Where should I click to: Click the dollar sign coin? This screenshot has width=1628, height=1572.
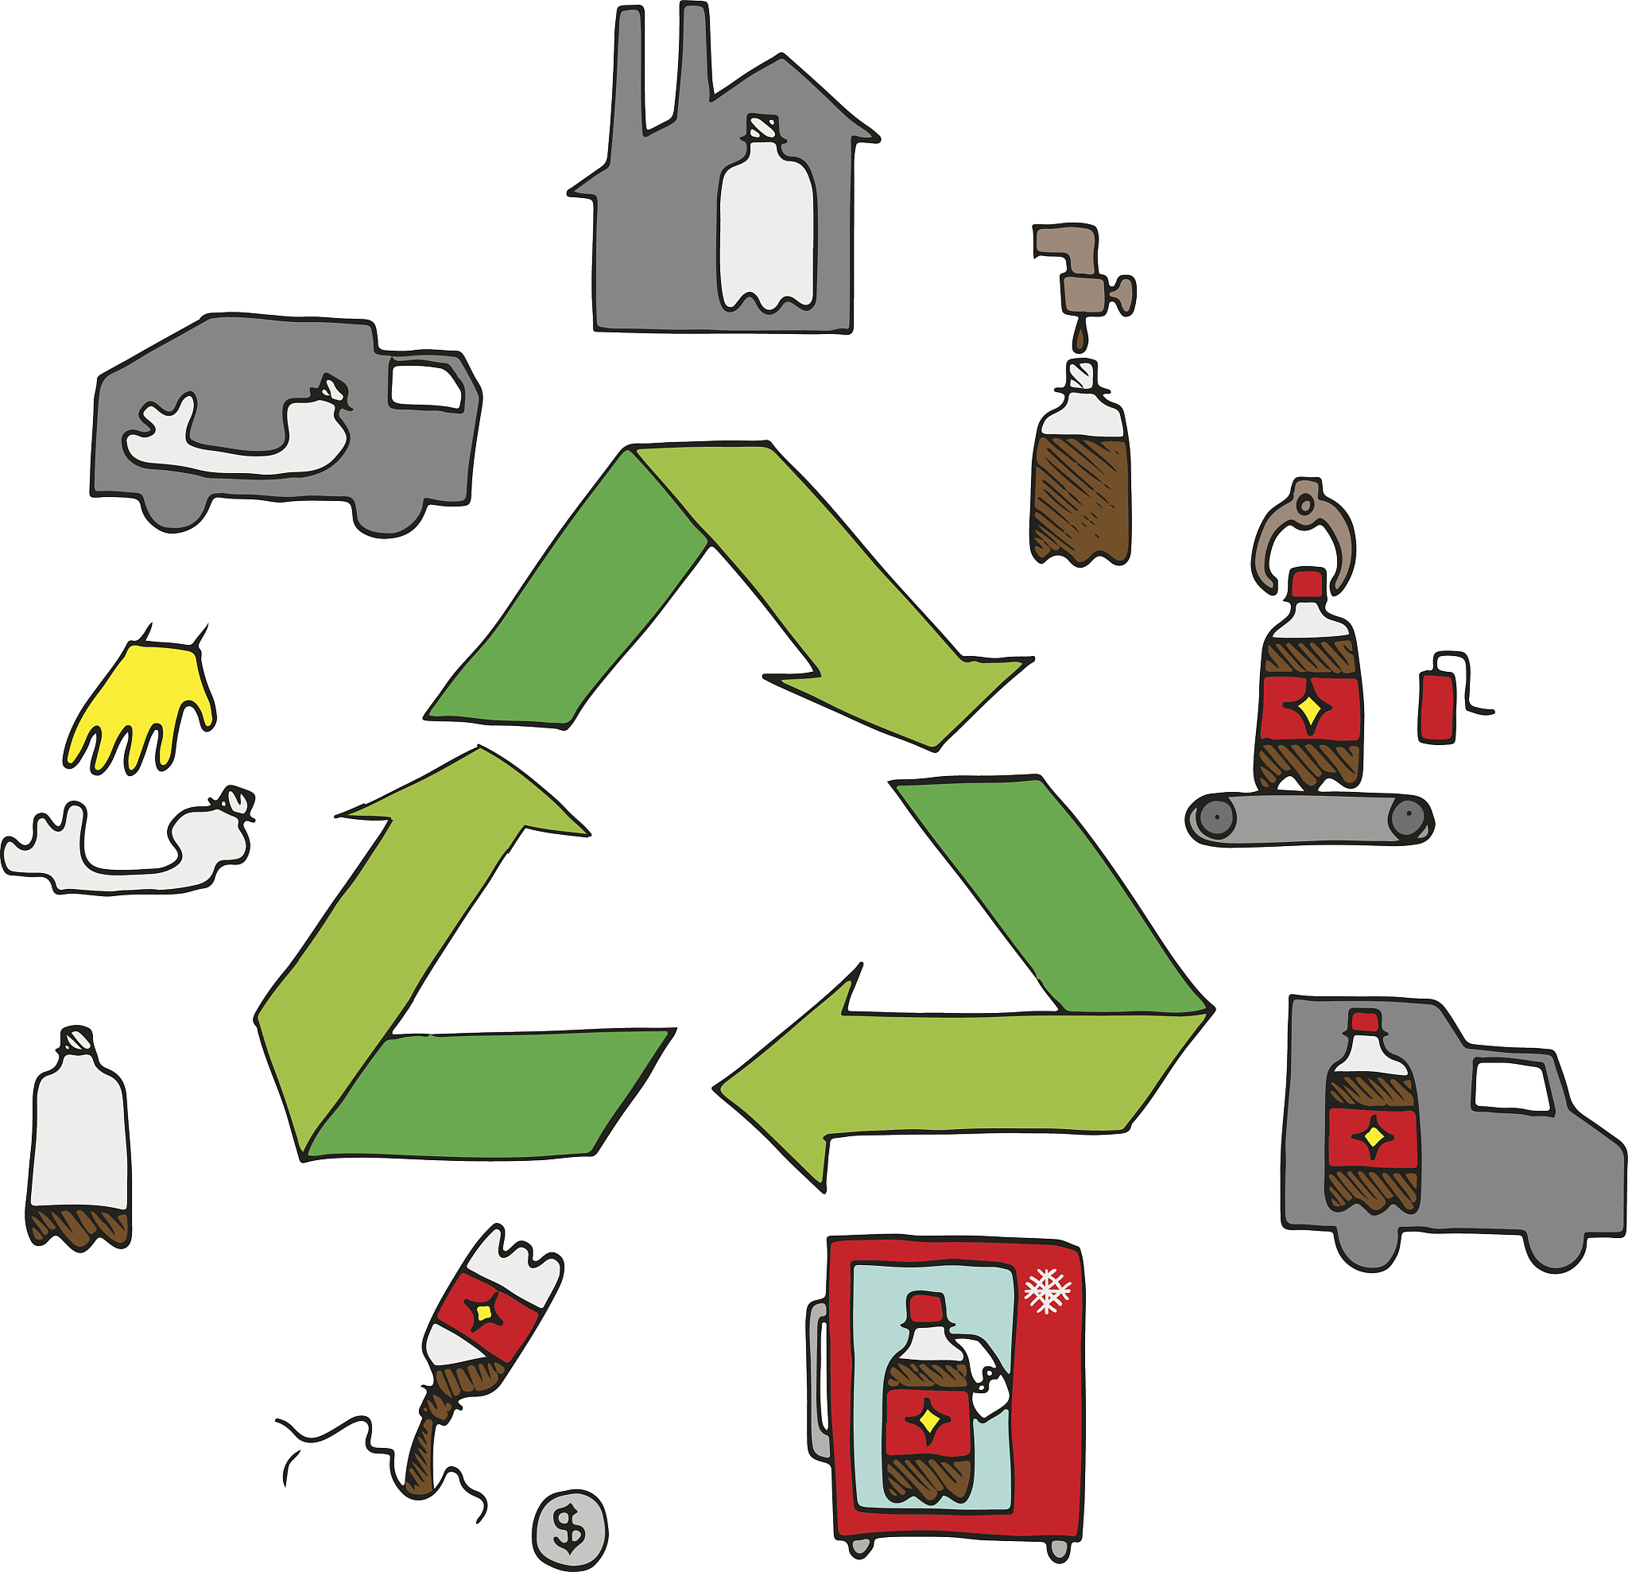click(570, 1530)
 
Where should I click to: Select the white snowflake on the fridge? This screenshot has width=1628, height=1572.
click(1048, 1291)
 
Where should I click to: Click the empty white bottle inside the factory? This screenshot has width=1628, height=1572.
click(766, 224)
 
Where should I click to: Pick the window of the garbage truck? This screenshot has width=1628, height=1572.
click(425, 384)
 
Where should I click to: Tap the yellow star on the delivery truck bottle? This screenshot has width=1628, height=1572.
click(1373, 1135)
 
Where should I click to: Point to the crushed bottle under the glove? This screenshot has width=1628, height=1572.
click(133, 848)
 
